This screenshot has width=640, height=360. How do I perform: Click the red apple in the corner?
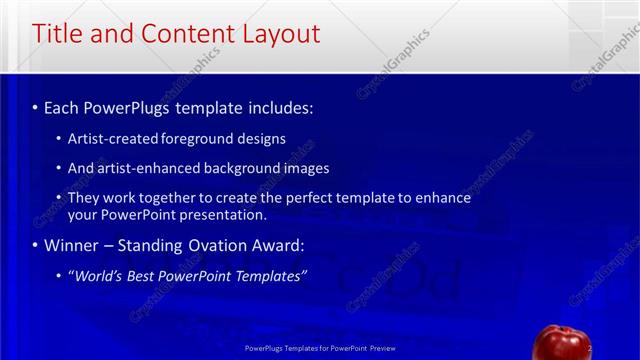click(557, 343)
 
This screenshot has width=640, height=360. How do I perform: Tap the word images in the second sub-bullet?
click(307, 168)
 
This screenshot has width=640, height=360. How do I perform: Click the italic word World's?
click(98, 275)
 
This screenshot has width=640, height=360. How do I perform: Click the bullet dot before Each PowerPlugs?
click(35, 106)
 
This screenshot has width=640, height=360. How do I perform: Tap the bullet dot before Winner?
click(35, 246)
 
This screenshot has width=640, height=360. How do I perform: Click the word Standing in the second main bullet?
click(149, 245)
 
